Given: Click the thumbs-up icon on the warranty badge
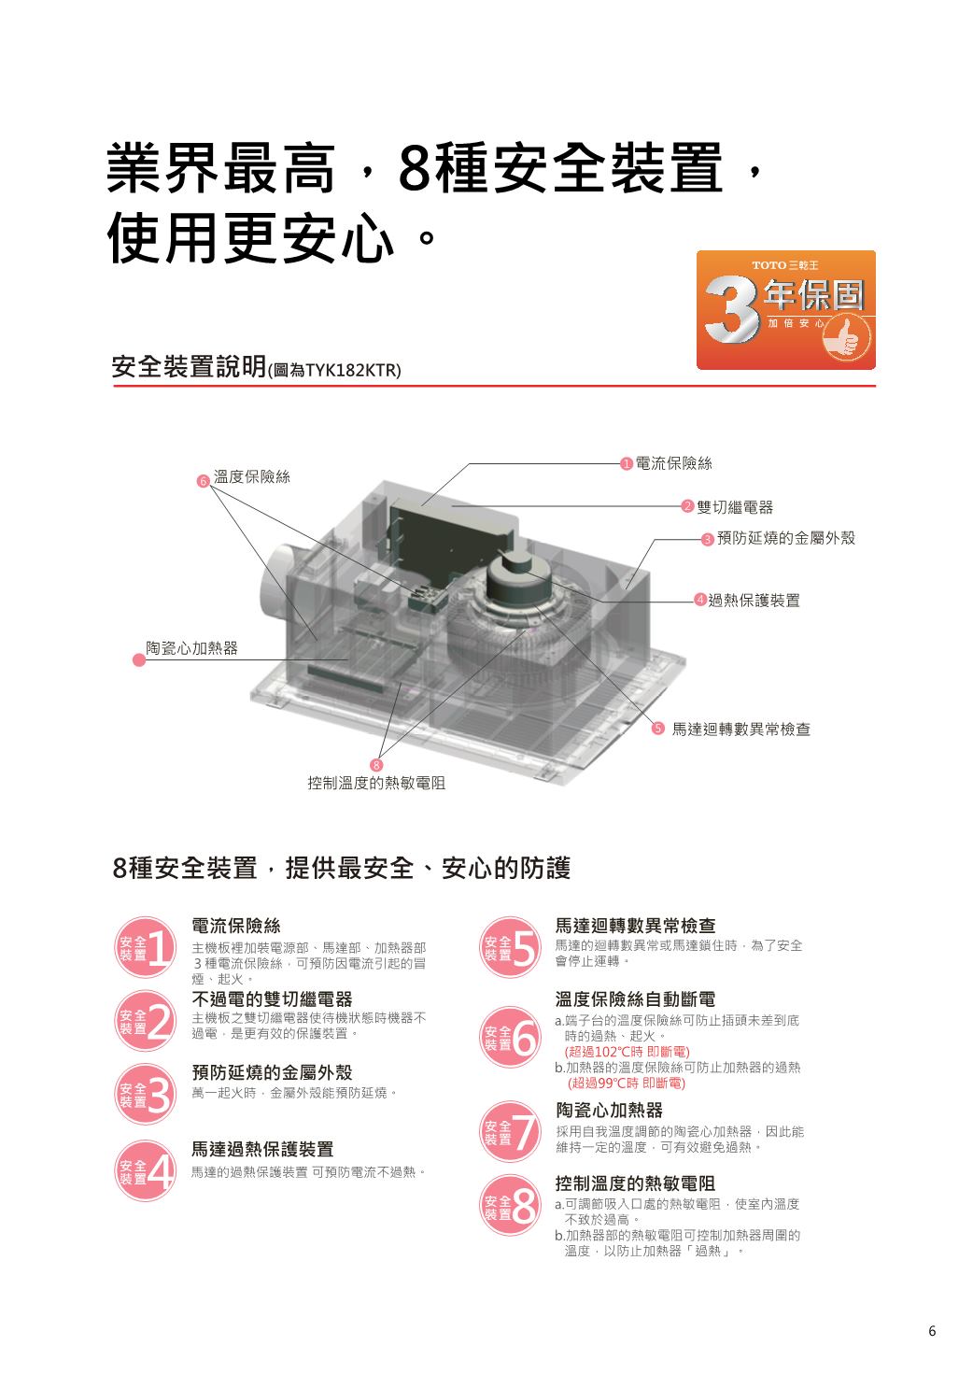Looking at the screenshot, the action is [847, 338].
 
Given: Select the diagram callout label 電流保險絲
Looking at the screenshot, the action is [673, 463].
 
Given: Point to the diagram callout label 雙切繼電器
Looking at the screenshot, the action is [735, 507].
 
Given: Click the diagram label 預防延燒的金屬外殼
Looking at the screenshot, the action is [786, 538].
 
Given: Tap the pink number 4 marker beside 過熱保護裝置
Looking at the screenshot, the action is [700, 600].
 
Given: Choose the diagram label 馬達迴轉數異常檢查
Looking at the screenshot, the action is [741, 729].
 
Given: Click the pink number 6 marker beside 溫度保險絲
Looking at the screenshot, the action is [204, 482].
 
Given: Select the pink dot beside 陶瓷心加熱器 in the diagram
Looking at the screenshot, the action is [139, 660].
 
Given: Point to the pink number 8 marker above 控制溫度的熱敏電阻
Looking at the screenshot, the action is [376, 765].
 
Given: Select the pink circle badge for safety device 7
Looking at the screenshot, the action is [510, 1132].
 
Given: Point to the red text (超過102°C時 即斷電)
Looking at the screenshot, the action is [628, 1052].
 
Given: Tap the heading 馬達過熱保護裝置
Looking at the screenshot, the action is [262, 1149].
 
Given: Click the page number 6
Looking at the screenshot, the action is [932, 1331].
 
